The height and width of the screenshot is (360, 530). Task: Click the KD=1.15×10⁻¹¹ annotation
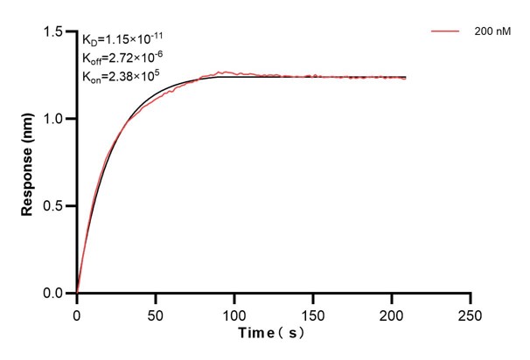pos(122,39)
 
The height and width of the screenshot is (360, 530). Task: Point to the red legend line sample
pos(445,31)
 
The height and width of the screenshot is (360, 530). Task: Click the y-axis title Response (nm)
pos(28,162)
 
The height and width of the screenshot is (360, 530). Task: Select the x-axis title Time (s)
pos(273,334)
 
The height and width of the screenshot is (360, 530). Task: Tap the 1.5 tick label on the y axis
pos(55,32)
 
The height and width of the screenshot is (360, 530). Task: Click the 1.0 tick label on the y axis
pos(55,119)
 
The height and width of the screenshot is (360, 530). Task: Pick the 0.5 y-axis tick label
pos(55,206)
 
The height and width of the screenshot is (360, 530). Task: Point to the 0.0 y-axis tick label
pos(55,294)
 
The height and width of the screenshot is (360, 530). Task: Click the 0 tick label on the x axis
pos(77,311)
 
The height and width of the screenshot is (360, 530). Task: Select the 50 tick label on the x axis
pos(155,311)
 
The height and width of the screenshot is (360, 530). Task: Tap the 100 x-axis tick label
pos(234,311)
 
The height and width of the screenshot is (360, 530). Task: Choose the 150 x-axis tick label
pos(313,311)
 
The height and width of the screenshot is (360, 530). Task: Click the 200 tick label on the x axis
pos(392,311)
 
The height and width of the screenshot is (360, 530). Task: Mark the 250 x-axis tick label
pos(471,311)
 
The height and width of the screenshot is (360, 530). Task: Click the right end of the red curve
pos(406,79)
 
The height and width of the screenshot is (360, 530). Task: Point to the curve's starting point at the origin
pos(77,293)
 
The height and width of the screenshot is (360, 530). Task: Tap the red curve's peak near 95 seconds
pos(227,72)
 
